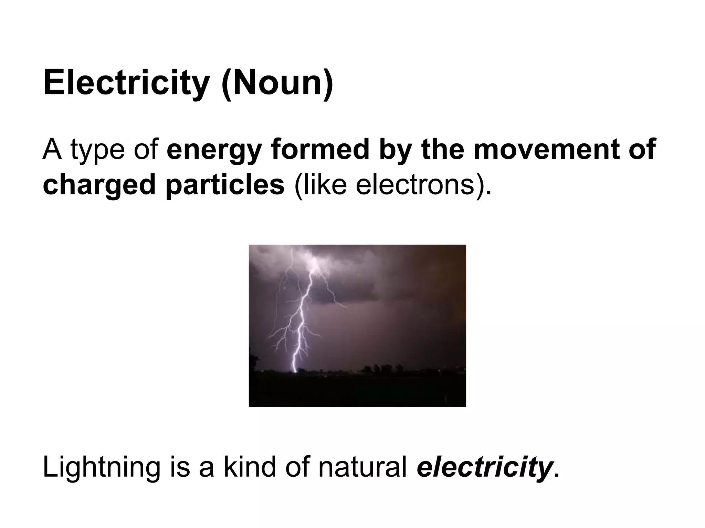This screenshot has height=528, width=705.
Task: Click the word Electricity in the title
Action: point(126,83)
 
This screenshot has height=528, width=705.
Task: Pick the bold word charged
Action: point(99,185)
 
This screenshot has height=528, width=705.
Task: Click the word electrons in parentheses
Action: point(415,185)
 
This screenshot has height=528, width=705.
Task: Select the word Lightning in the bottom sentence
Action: point(102,468)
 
